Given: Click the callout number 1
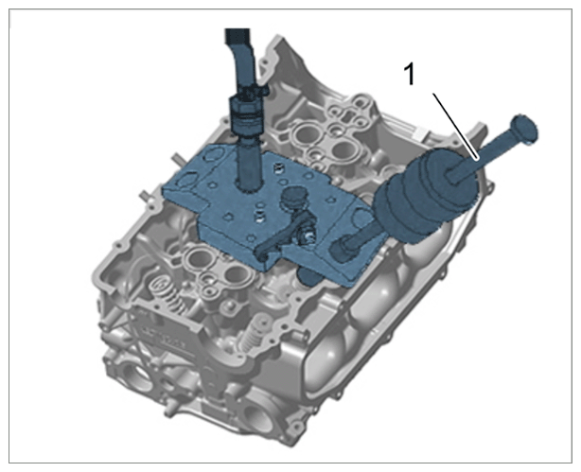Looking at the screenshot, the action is (409, 74).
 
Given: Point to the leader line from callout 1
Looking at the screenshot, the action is (456, 127).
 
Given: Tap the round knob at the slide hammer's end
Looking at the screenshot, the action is (524, 129).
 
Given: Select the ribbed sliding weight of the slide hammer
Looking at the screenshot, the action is (427, 194).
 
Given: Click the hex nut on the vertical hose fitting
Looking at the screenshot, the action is (246, 107).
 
